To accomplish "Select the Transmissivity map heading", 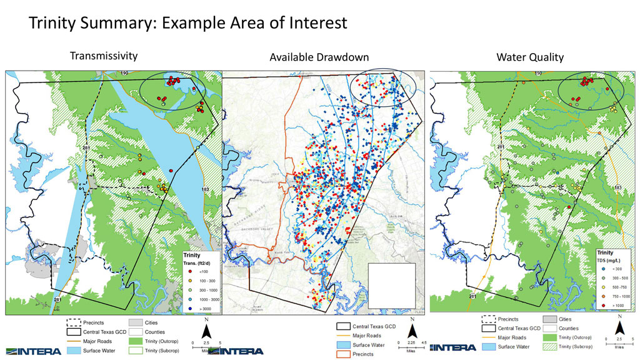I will click(x=103, y=56).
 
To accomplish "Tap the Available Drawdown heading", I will click(x=319, y=57).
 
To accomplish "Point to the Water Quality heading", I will click(x=530, y=57).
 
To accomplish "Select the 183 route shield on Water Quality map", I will click(x=617, y=187).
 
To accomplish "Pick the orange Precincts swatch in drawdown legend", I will click(x=342, y=354).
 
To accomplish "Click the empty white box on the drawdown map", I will click(x=392, y=285).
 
